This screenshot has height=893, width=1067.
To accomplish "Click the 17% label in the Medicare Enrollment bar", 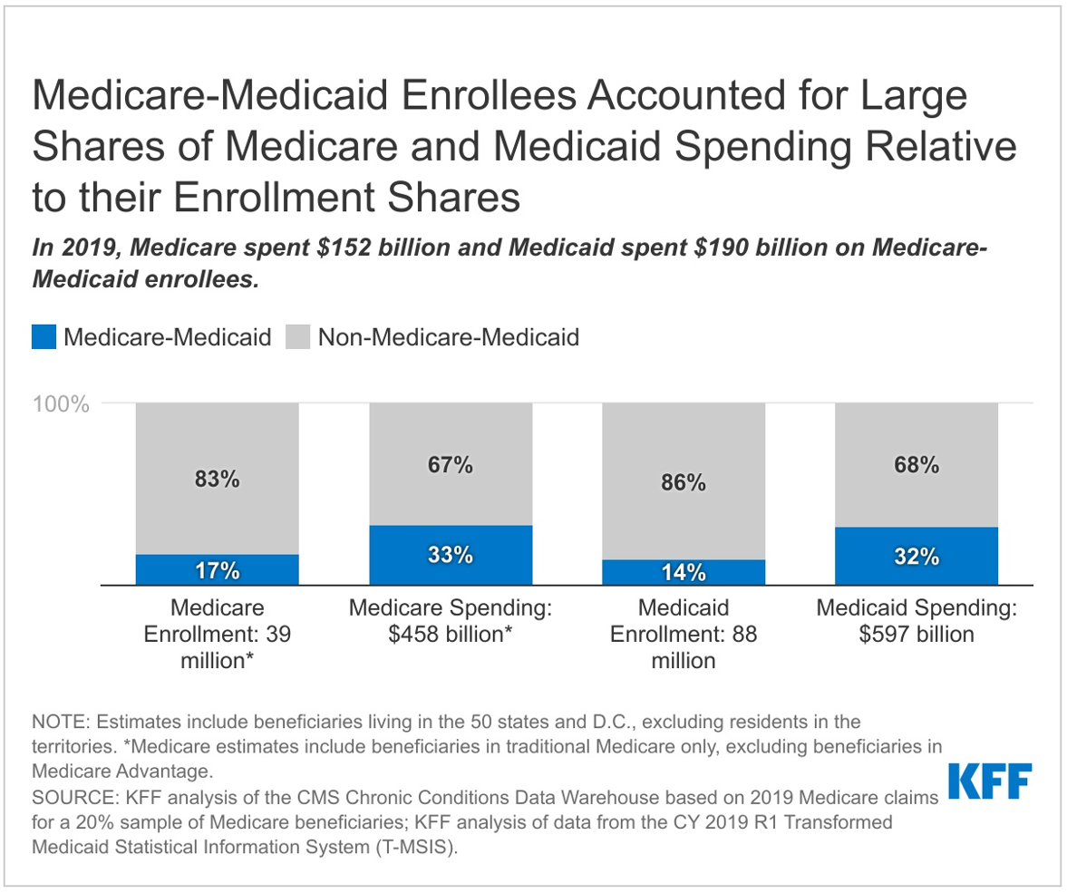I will [217, 571].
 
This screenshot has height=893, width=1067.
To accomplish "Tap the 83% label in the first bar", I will [217, 480].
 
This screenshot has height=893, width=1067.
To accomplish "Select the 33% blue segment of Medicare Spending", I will [451, 555].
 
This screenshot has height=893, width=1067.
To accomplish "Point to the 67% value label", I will [451, 465].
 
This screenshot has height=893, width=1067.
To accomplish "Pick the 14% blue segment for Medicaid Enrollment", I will [684, 573].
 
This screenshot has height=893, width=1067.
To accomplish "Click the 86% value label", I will [684, 482].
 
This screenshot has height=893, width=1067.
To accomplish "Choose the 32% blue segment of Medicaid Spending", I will [917, 556].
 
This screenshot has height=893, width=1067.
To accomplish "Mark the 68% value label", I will [917, 466].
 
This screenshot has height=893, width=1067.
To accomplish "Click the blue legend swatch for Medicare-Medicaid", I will [44, 338].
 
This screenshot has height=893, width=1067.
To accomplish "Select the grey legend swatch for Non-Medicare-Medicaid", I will [297, 338].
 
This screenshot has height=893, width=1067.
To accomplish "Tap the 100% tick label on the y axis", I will [62, 403].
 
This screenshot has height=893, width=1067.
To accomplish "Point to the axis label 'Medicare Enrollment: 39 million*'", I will [217, 634].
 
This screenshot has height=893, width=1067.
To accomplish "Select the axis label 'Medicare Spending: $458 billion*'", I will [451, 621].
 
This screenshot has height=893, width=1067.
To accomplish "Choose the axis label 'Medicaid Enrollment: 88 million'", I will [684, 634].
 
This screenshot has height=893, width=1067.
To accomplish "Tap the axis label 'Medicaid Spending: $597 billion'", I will [917, 621].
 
